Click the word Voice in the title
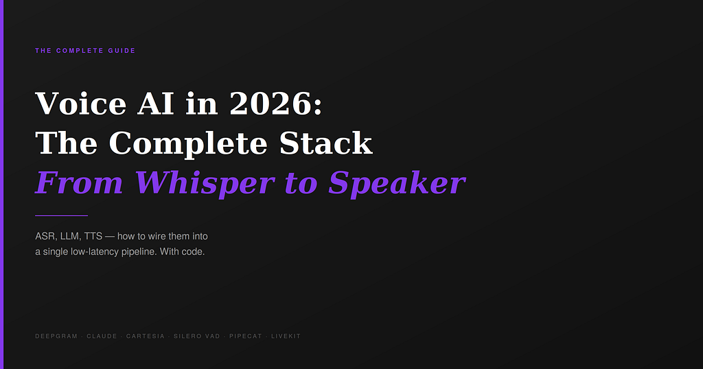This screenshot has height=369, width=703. pos(81,104)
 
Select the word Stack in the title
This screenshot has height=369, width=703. pos(326,143)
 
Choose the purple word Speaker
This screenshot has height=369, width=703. pos(397,184)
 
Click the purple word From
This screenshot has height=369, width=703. pos(80,182)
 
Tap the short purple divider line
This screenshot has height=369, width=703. pos(61,216)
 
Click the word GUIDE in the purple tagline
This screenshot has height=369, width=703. pos(122,51)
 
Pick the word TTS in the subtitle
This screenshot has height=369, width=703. pos(93,236)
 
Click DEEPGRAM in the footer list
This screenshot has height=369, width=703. pos(56,336)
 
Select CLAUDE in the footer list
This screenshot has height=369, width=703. pos(102,336)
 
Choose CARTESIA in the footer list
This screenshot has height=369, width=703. pos(146,336)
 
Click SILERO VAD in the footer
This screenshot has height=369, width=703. pos(197,336)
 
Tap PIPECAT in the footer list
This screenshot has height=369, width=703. pos(246,336)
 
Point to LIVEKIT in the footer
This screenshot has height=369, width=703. pos(286,336)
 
